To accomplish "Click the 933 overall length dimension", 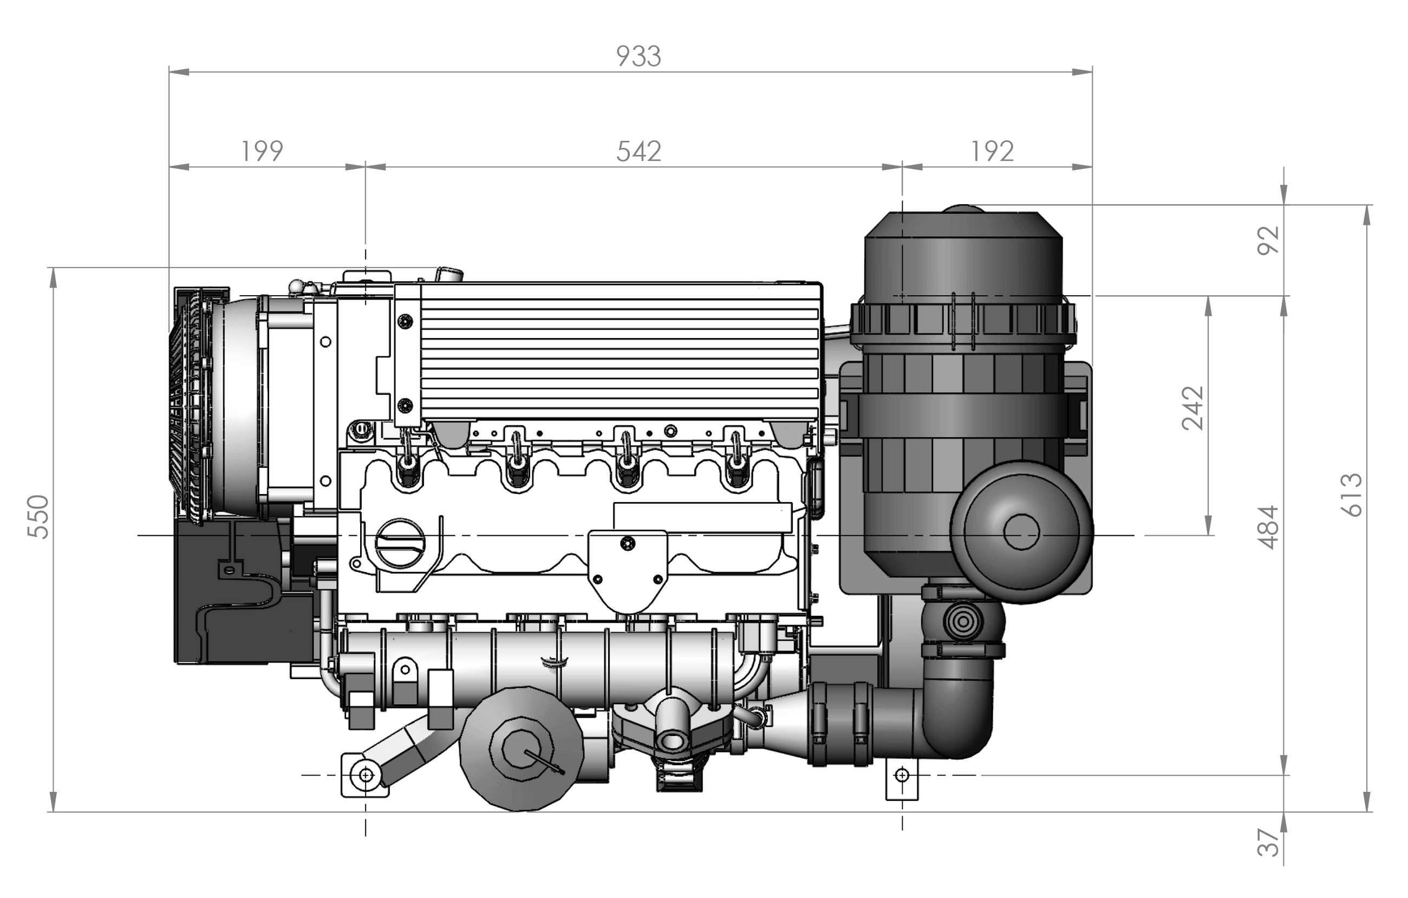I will pyautogui.click(x=638, y=57).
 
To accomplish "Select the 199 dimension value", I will pyautogui.click(x=262, y=152).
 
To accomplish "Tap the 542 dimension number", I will pyautogui.click(x=638, y=152).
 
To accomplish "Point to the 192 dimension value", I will pyautogui.click(x=992, y=152).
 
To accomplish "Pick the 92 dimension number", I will pyautogui.click(x=1268, y=240).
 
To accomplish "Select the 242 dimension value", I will pyautogui.click(x=1194, y=408).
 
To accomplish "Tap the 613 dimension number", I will pyautogui.click(x=1351, y=494).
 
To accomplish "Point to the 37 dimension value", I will pyautogui.click(x=1268, y=842).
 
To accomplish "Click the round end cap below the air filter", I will pyautogui.click(x=1021, y=532).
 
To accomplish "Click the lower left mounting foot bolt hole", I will pyautogui.click(x=366, y=775).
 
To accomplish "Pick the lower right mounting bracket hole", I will pyautogui.click(x=902, y=775).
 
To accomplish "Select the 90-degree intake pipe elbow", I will pyautogui.click(x=959, y=719).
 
